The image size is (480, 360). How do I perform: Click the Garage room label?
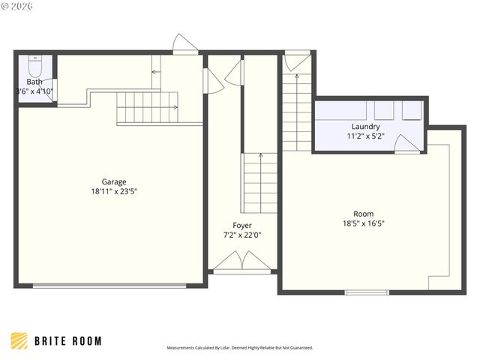(114, 181)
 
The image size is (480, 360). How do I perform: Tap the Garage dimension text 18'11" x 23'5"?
(114, 191)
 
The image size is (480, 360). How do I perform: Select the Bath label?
(34, 82)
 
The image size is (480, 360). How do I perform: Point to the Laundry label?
(365, 127)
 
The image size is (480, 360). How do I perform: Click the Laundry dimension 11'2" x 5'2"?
(365, 136)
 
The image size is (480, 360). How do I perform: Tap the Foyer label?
(242, 225)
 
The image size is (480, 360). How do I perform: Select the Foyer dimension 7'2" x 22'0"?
(242, 235)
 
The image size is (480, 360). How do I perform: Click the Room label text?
(364, 214)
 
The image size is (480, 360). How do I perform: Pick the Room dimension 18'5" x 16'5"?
(364, 223)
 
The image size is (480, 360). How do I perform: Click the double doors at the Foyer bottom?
(243, 262)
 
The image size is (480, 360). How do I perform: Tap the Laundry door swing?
(406, 144)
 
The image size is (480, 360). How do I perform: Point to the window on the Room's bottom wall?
(367, 292)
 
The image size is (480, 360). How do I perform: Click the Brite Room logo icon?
(19, 340)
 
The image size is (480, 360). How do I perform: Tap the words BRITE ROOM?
(68, 341)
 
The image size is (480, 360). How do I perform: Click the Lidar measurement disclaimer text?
(239, 348)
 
